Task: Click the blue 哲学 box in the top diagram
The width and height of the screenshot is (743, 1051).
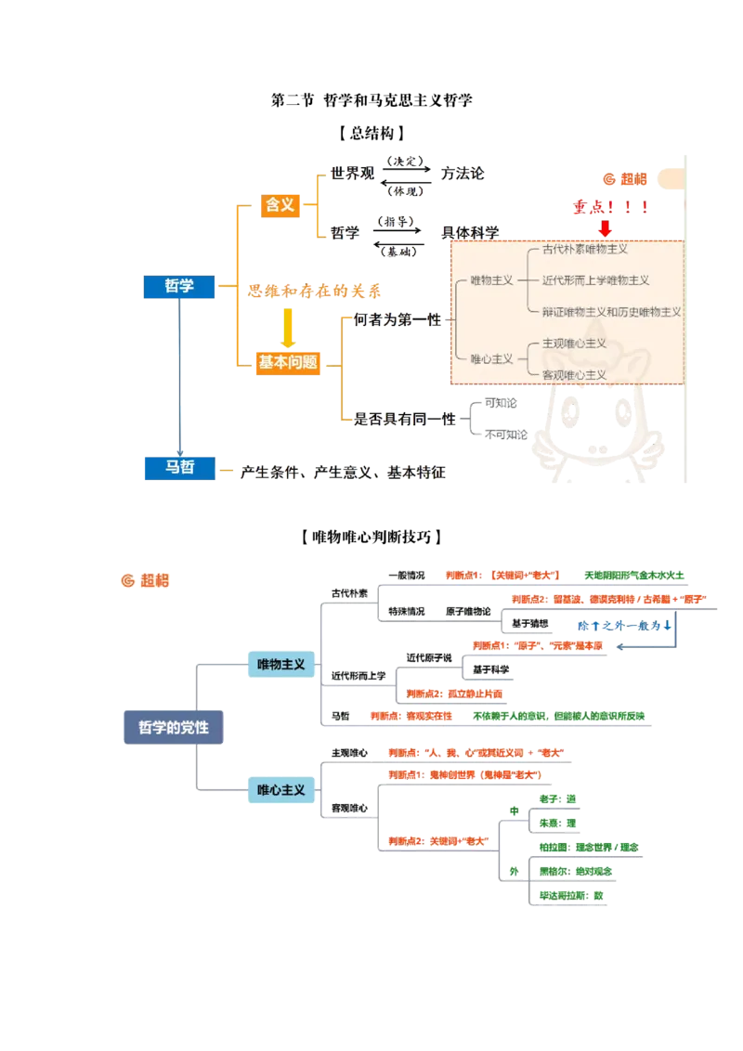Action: (178, 287)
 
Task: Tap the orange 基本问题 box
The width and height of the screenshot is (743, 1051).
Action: (287, 363)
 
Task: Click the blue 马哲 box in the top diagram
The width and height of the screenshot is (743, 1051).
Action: (178, 468)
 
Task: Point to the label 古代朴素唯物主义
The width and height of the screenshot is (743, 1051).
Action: (585, 250)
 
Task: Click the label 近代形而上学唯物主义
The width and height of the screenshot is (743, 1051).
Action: (595, 279)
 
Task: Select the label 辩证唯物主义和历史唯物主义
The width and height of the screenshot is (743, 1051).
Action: (611, 312)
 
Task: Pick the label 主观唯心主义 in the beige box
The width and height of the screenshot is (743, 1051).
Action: (574, 344)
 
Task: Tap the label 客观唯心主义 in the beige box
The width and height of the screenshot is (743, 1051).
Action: (574, 374)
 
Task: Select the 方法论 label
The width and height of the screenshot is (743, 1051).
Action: (464, 174)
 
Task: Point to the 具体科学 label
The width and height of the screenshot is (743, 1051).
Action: (469, 231)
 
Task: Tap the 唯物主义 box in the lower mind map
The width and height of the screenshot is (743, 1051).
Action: (280, 665)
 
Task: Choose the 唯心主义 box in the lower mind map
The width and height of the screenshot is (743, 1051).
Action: (280, 790)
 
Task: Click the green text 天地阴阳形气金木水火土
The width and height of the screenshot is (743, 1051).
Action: (636, 576)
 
